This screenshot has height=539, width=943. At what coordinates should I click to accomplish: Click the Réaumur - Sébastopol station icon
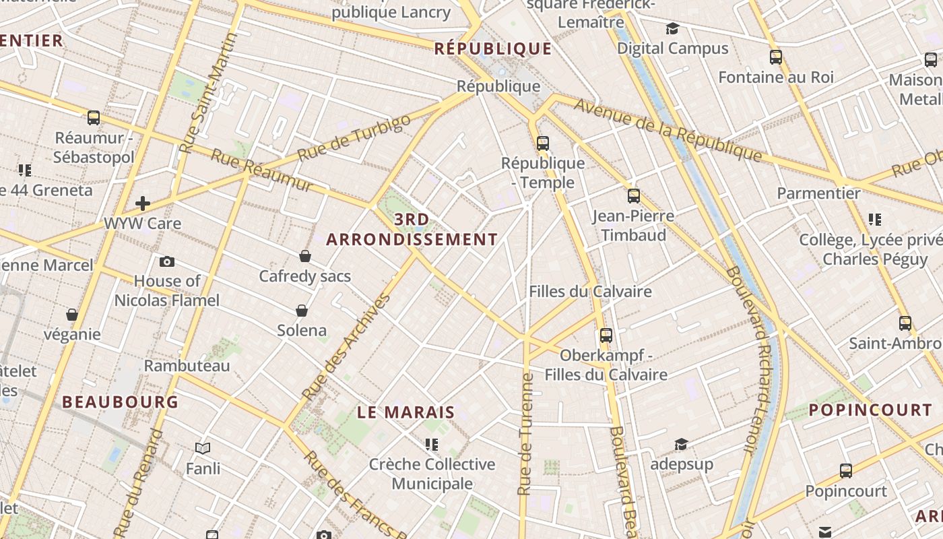[94, 118]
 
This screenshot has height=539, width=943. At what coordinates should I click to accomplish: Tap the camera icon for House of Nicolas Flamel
[167, 261]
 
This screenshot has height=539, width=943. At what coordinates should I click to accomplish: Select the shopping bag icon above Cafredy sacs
[305, 256]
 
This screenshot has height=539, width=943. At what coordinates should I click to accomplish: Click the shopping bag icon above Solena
[302, 311]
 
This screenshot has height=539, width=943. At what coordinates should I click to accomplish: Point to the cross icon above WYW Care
[142, 203]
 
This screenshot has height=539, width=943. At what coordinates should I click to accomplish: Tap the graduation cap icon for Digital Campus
[672, 29]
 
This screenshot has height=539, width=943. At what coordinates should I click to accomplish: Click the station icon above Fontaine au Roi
[776, 57]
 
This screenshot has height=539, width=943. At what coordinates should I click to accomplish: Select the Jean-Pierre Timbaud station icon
[634, 196]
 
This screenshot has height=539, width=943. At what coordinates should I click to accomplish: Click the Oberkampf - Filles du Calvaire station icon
[606, 335]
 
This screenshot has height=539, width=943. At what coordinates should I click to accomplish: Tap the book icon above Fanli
[203, 448]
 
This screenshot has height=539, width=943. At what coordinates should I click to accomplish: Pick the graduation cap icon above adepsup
[681, 444]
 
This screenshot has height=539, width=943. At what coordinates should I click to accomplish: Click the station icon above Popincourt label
[846, 471]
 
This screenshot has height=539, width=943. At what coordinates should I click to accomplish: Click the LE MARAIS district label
[406, 412]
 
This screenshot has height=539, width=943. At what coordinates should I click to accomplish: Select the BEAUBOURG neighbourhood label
[120, 402]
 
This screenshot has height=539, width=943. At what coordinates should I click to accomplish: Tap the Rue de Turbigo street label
[354, 137]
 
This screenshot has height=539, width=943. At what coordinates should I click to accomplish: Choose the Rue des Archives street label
[346, 348]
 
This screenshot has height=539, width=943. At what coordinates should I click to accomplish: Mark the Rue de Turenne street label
[525, 435]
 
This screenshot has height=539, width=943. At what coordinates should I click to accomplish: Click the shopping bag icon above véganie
[72, 315]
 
